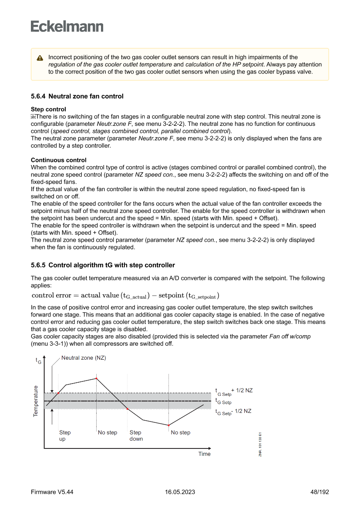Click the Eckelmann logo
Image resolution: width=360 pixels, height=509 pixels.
[67, 27]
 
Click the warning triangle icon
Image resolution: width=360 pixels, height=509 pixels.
[40, 58]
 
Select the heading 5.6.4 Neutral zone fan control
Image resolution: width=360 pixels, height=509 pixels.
[77, 96]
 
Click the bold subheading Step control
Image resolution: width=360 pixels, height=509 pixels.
[48, 109]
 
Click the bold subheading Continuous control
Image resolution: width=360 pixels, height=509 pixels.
[58, 160]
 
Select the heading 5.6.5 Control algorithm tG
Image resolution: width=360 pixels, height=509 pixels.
[103, 265]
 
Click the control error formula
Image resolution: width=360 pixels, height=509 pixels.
[125, 295]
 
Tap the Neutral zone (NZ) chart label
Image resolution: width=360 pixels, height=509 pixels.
[84, 358]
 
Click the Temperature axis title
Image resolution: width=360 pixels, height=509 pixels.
[36, 401]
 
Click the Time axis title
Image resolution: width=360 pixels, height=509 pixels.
[204, 454]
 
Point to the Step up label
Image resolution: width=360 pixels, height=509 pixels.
[65, 435]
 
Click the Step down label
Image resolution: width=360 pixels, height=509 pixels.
[136, 435]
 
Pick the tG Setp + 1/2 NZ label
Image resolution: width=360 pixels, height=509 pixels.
[234, 391]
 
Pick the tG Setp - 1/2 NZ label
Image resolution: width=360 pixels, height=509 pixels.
[233, 411]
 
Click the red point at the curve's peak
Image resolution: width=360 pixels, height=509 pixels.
[96, 378]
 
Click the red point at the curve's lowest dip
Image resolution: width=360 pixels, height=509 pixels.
[168, 425]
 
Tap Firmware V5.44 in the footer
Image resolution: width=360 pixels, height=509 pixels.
[52, 492]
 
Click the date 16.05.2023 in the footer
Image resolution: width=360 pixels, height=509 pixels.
[180, 492]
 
